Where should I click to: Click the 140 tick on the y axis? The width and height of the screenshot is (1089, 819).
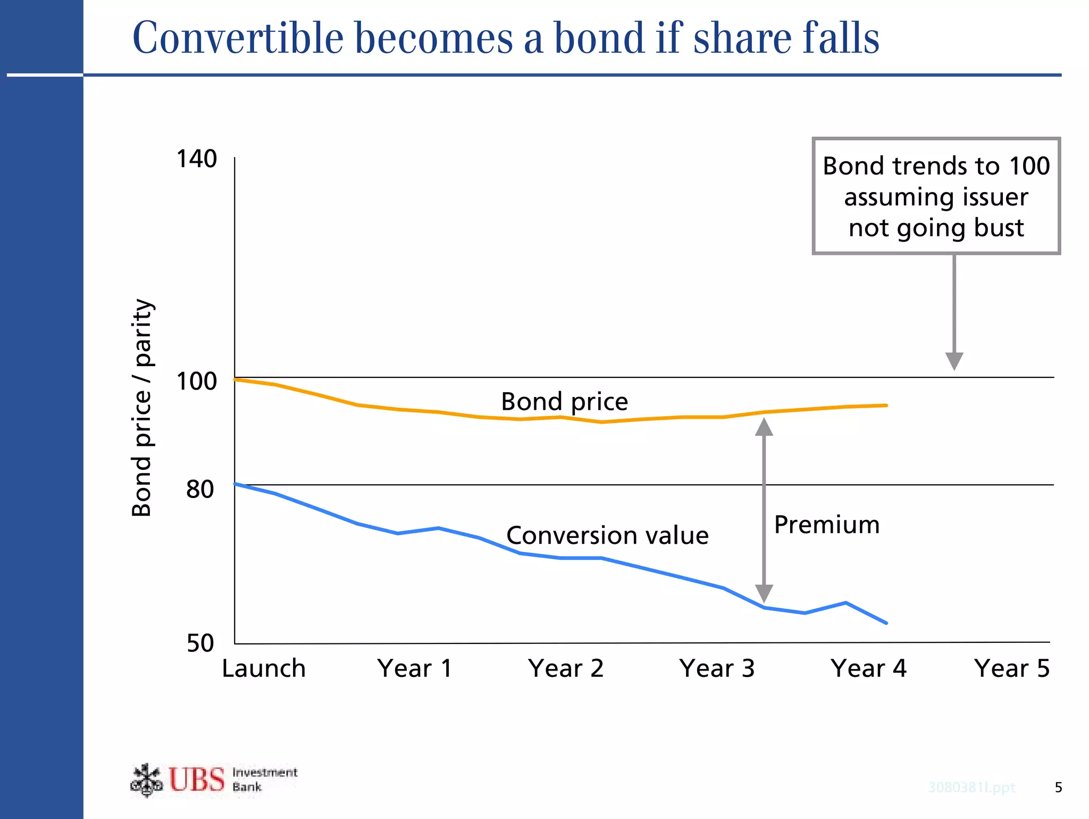(x=196, y=159)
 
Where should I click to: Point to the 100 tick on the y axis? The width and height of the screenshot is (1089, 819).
(x=196, y=381)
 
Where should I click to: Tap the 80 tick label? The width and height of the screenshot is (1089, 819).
(x=200, y=489)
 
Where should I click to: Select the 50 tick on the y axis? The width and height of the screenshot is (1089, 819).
(x=200, y=643)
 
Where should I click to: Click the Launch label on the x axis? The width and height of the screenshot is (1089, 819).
(x=264, y=668)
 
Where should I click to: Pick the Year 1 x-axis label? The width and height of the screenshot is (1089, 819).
(x=415, y=668)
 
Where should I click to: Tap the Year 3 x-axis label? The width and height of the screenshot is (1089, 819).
(x=717, y=668)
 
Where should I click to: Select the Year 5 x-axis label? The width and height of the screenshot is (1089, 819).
(x=1012, y=668)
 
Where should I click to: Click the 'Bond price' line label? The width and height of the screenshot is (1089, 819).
(x=564, y=401)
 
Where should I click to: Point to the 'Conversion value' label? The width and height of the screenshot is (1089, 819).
(x=607, y=535)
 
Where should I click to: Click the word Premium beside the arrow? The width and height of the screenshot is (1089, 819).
(x=826, y=525)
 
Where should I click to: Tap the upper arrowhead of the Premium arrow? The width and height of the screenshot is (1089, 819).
(x=764, y=427)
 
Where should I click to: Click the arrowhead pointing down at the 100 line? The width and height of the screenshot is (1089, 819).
(x=954, y=361)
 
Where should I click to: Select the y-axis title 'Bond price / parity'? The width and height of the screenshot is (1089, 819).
(x=142, y=408)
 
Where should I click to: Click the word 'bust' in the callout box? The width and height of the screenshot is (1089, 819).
(x=999, y=228)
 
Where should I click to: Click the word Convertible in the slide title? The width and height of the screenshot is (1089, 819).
(x=238, y=38)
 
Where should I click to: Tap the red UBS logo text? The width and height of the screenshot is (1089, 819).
(x=197, y=780)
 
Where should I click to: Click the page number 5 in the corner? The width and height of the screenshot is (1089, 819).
(x=1058, y=787)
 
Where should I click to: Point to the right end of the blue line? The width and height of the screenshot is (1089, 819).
(x=886, y=623)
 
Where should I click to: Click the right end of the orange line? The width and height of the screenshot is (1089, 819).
(x=886, y=406)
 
